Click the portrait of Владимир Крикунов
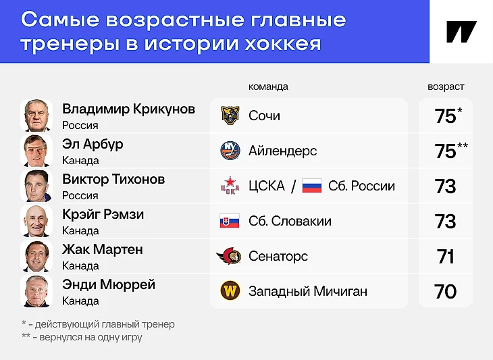pyautogui.click(x=36, y=115)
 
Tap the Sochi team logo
pyautogui.click(x=230, y=115)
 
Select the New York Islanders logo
pyautogui.click(x=230, y=151)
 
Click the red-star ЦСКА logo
pyautogui.click(x=230, y=186)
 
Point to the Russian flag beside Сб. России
pyautogui.click(x=312, y=186)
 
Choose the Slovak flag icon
pyautogui.click(x=230, y=221)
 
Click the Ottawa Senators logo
pyautogui.click(x=229, y=256)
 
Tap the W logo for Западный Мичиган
pyautogui.click(x=230, y=291)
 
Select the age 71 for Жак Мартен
pyautogui.click(x=446, y=257)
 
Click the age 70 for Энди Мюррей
pyautogui.click(x=445, y=292)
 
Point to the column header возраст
pyautogui.click(x=446, y=86)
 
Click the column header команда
pyautogui.click(x=268, y=86)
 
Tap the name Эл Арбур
pyautogui.click(x=93, y=145)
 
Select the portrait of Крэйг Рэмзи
pyautogui.click(x=36, y=221)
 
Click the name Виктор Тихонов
pyautogui.click(x=113, y=179)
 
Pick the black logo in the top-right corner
pyautogui.click(x=461, y=32)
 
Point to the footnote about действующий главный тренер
pyautogui.click(x=98, y=324)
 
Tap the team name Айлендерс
pyautogui.click(x=283, y=151)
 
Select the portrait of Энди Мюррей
pyautogui.click(x=36, y=291)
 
